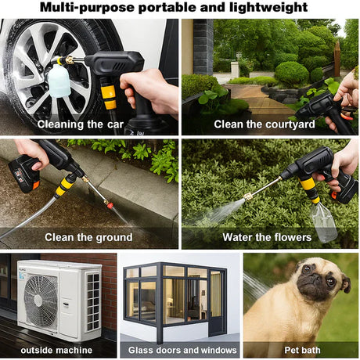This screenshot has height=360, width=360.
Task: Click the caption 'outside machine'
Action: [x=57, y=350]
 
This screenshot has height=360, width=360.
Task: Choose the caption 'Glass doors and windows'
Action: [x=179, y=350]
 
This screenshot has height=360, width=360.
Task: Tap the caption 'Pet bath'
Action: [x=301, y=350]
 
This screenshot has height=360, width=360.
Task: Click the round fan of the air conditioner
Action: [x=41, y=300]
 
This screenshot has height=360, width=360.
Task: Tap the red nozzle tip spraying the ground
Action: [x=110, y=208]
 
